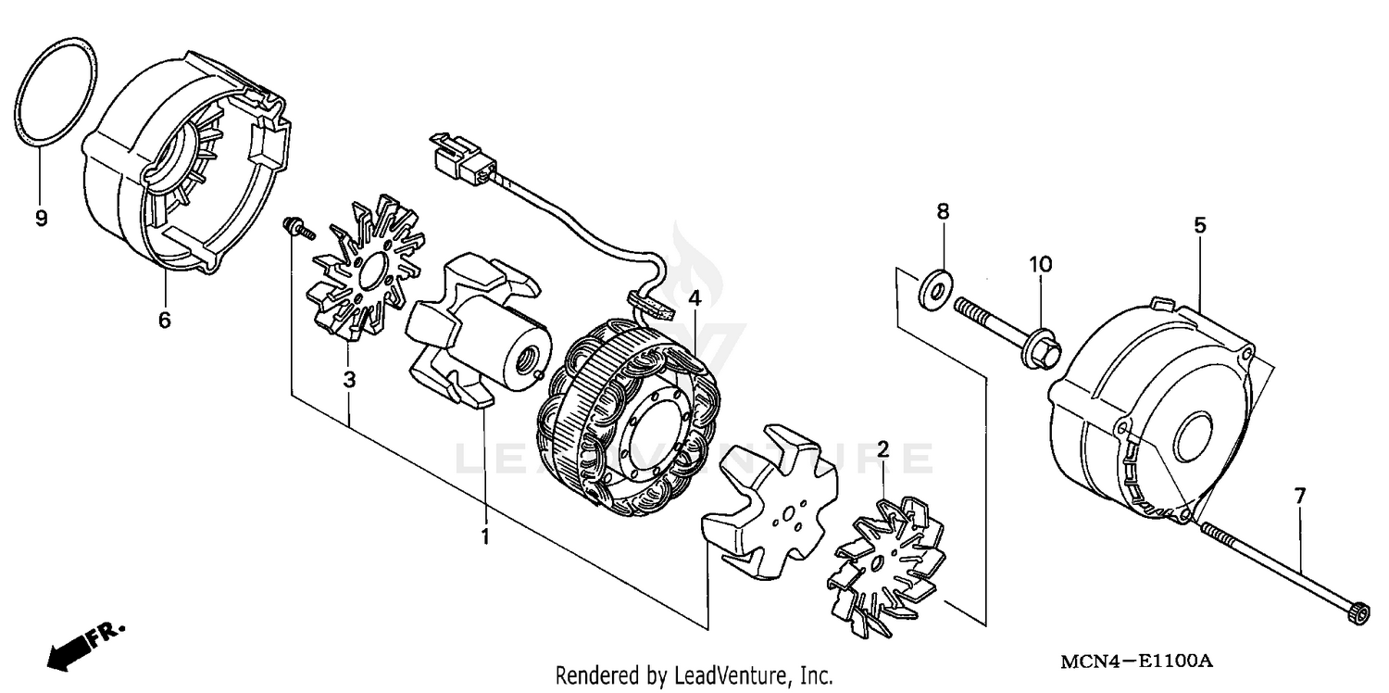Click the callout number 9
tap(41, 219)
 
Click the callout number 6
tap(164, 320)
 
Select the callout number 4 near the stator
tap(694, 298)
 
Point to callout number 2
tap(882, 450)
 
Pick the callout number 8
tap(943, 212)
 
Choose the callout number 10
tap(1040, 264)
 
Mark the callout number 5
tap(1199, 225)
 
